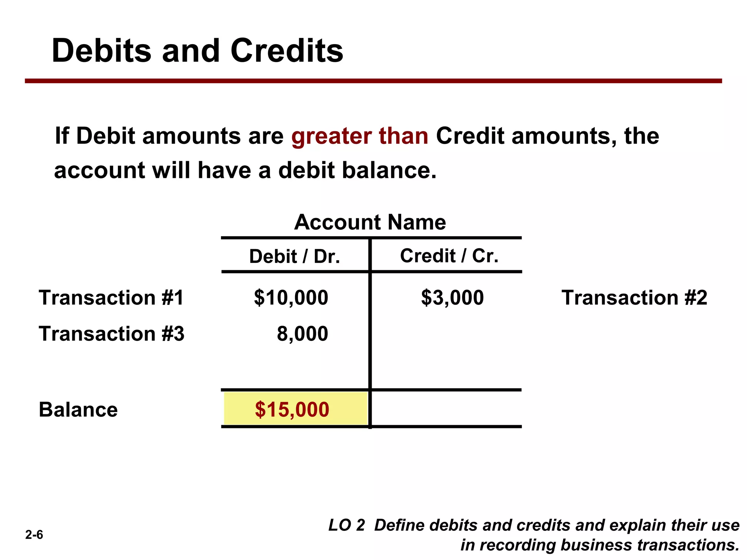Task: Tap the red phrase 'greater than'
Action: click(360, 136)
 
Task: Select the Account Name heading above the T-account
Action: click(370, 222)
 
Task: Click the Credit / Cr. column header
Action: click(449, 256)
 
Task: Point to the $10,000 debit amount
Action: click(291, 297)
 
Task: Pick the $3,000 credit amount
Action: click(452, 297)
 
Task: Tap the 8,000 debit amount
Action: click(302, 334)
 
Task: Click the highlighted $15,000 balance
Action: click(292, 409)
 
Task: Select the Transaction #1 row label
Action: click(111, 297)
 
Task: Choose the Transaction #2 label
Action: click(634, 297)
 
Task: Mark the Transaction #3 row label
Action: click(112, 334)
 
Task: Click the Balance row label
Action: click(78, 409)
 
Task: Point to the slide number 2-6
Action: click(34, 535)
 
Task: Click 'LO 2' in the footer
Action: click(347, 525)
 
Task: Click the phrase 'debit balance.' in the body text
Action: click(357, 170)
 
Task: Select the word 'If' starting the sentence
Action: click(62, 136)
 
